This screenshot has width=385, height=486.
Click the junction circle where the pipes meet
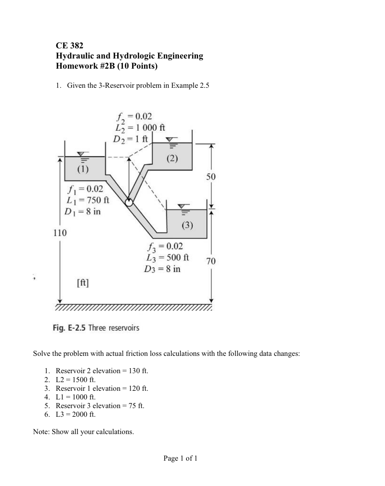pyautogui.click(x=129, y=202)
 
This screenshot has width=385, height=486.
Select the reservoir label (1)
pyautogui.click(x=83, y=169)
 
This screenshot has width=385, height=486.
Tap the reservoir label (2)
pyautogui.click(x=172, y=158)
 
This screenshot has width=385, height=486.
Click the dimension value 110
pyautogui.click(x=60, y=233)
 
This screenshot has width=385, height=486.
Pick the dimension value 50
pyautogui.click(x=211, y=177)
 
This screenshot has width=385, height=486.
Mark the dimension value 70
pyautogui.click(x=211, y=261)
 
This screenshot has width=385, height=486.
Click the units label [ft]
pyautogui.click(x=83, y=282)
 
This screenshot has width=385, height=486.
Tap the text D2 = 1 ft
pyautogui.click(x=130, y=139)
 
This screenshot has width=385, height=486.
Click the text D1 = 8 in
pyautogui.click(x=83, y=211)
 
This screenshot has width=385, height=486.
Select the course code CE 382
pyautogui.click(x=70, y=46)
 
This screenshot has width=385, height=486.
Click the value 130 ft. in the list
pyautogui.click(x=138, y=371)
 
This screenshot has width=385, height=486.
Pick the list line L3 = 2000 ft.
pyautogui.click(x=76, y=414)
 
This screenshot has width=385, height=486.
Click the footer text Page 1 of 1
pyautogui.click(x=180, y=458)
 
